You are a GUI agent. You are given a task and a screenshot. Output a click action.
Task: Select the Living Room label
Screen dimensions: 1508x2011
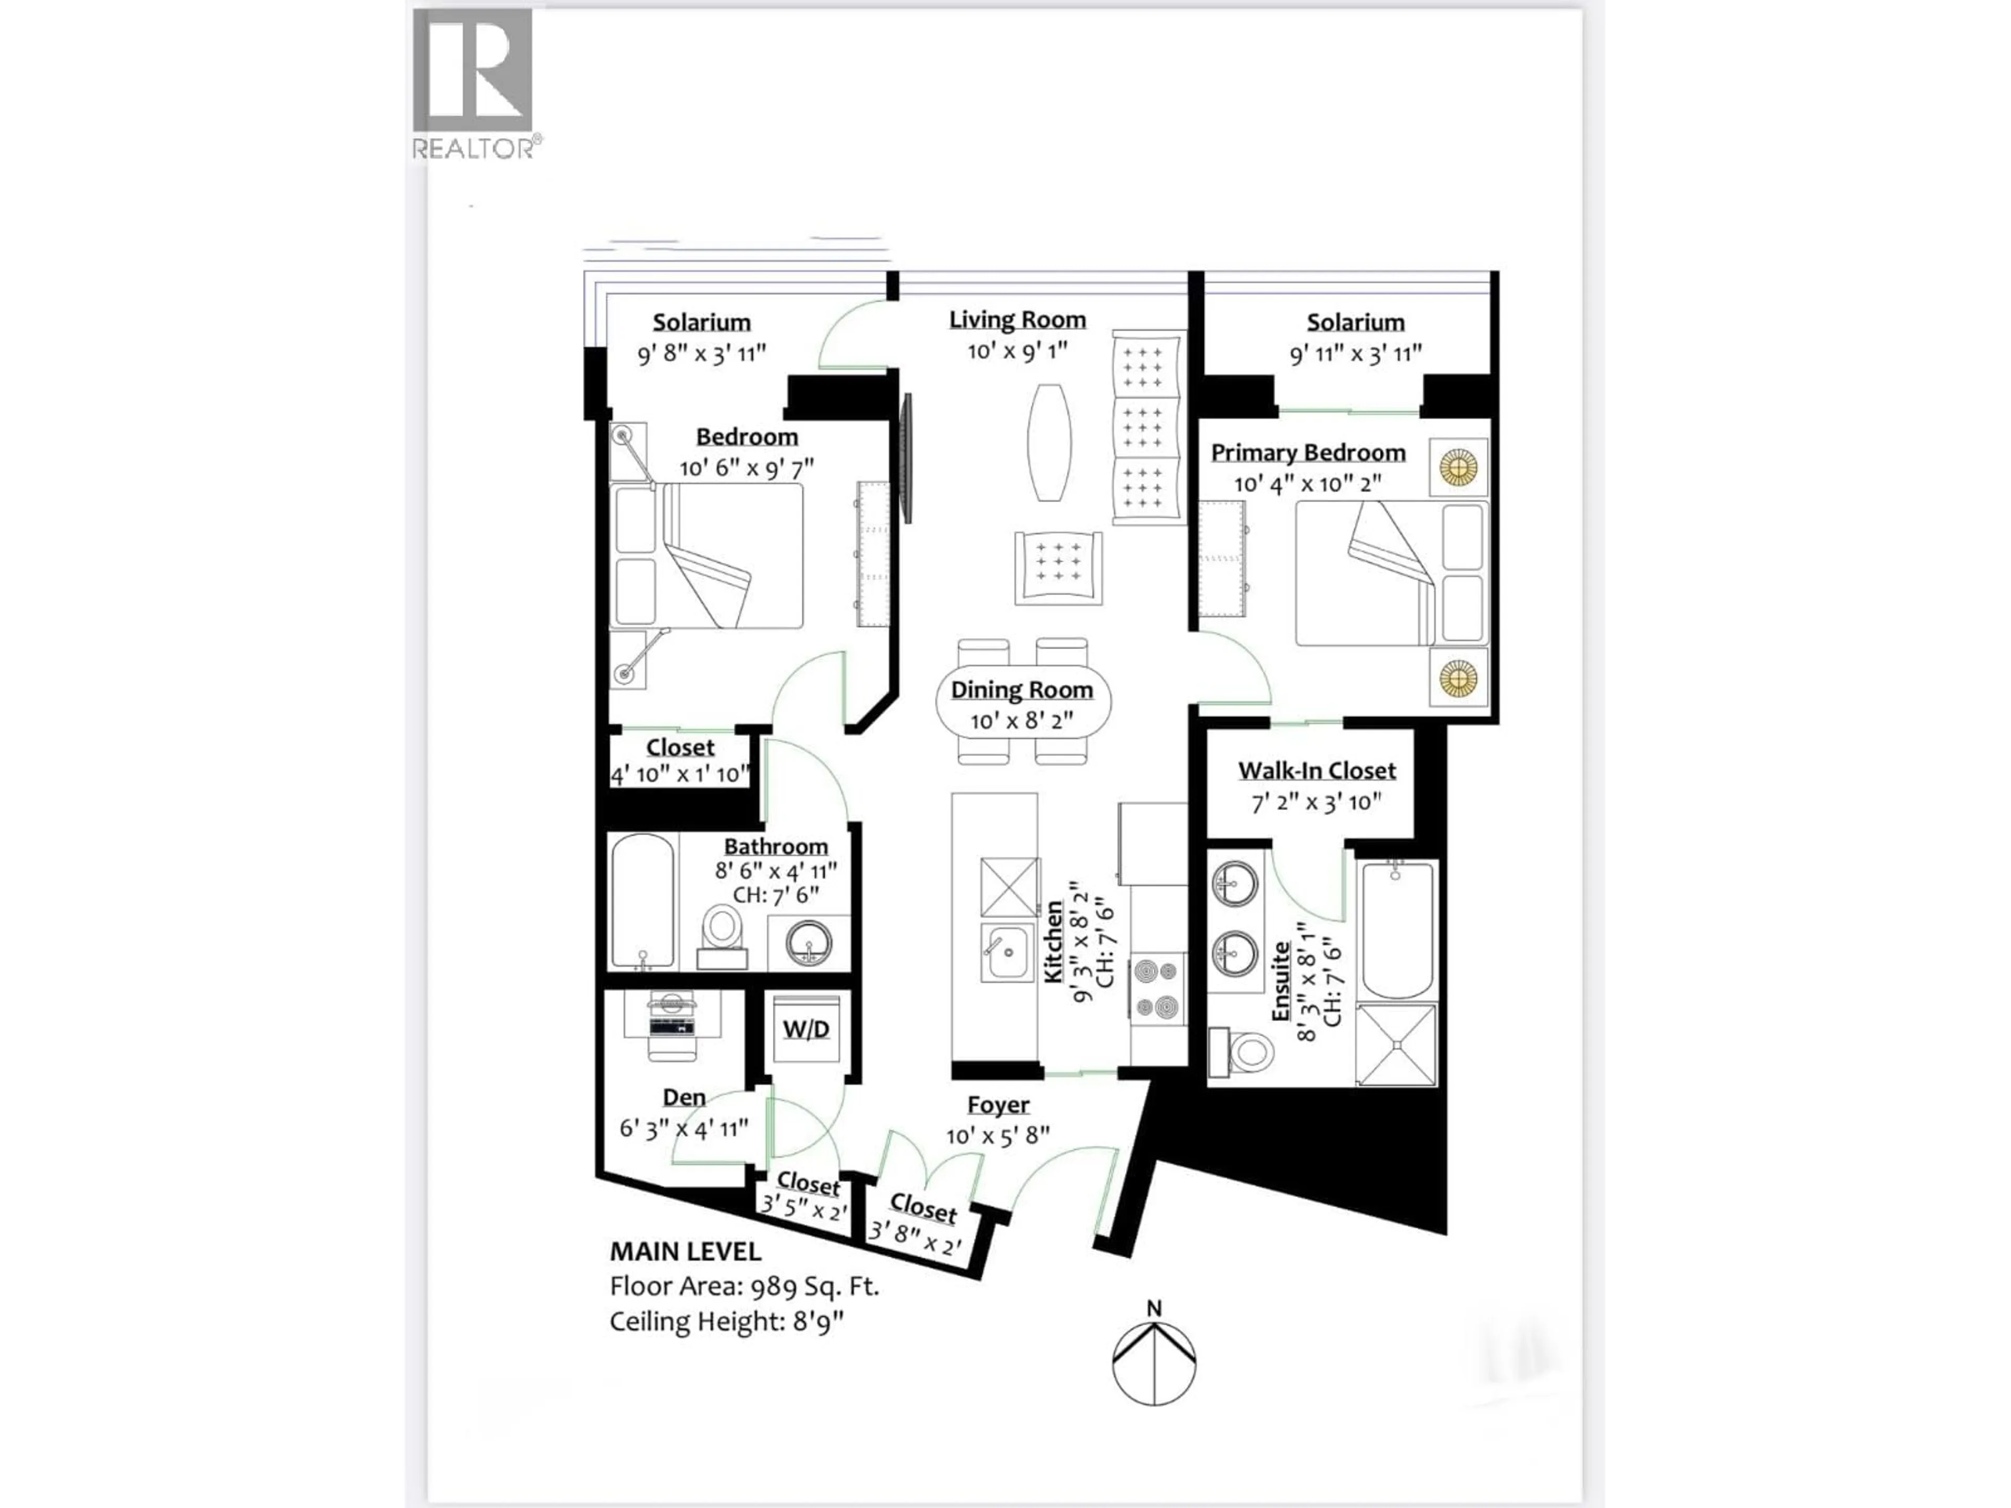(x=1018, y=320)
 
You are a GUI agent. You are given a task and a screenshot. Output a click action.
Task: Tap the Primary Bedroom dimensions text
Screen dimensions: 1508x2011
(x=1307, y=484)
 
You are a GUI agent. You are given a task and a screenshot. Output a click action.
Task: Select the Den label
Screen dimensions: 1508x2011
(x=683, y=1097)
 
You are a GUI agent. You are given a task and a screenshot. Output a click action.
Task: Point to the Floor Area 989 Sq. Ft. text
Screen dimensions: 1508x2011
(x=744, y=1286)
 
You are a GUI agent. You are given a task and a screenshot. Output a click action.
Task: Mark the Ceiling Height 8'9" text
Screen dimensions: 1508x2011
(x=726, y=1321)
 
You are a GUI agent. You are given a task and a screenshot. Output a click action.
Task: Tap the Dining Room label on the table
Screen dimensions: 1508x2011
(x=1022, y=690)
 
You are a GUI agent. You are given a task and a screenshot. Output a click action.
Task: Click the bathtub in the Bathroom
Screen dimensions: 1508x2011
(x=643, y=900)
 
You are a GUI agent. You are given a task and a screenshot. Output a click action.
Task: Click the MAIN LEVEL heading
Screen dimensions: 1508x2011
(x=684, y=1251)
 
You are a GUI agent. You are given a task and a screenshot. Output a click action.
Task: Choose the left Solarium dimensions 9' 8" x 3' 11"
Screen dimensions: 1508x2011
(x=702, y=353)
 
